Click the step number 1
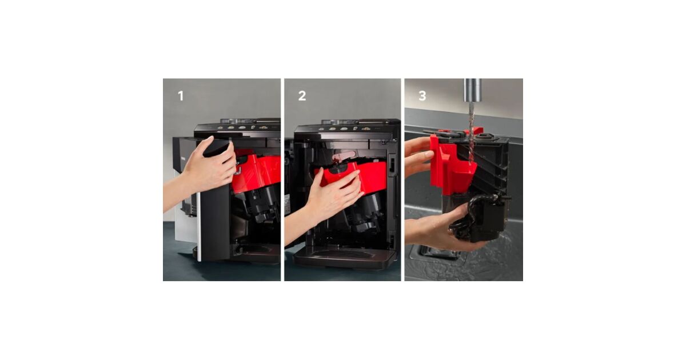(x=181, y=96)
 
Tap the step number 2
(x=302, y=96)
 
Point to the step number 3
(x=422, y=96)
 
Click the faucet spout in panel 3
(x=473, y=90)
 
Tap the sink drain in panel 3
(x=438, y=252)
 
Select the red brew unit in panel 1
(x=256, y=173)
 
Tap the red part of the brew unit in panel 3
(x=450, y=165)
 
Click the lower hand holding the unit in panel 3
(x=441, y=228)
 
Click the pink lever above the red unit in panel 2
(x=345, y=156)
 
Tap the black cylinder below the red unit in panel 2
(x=366, y=214)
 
